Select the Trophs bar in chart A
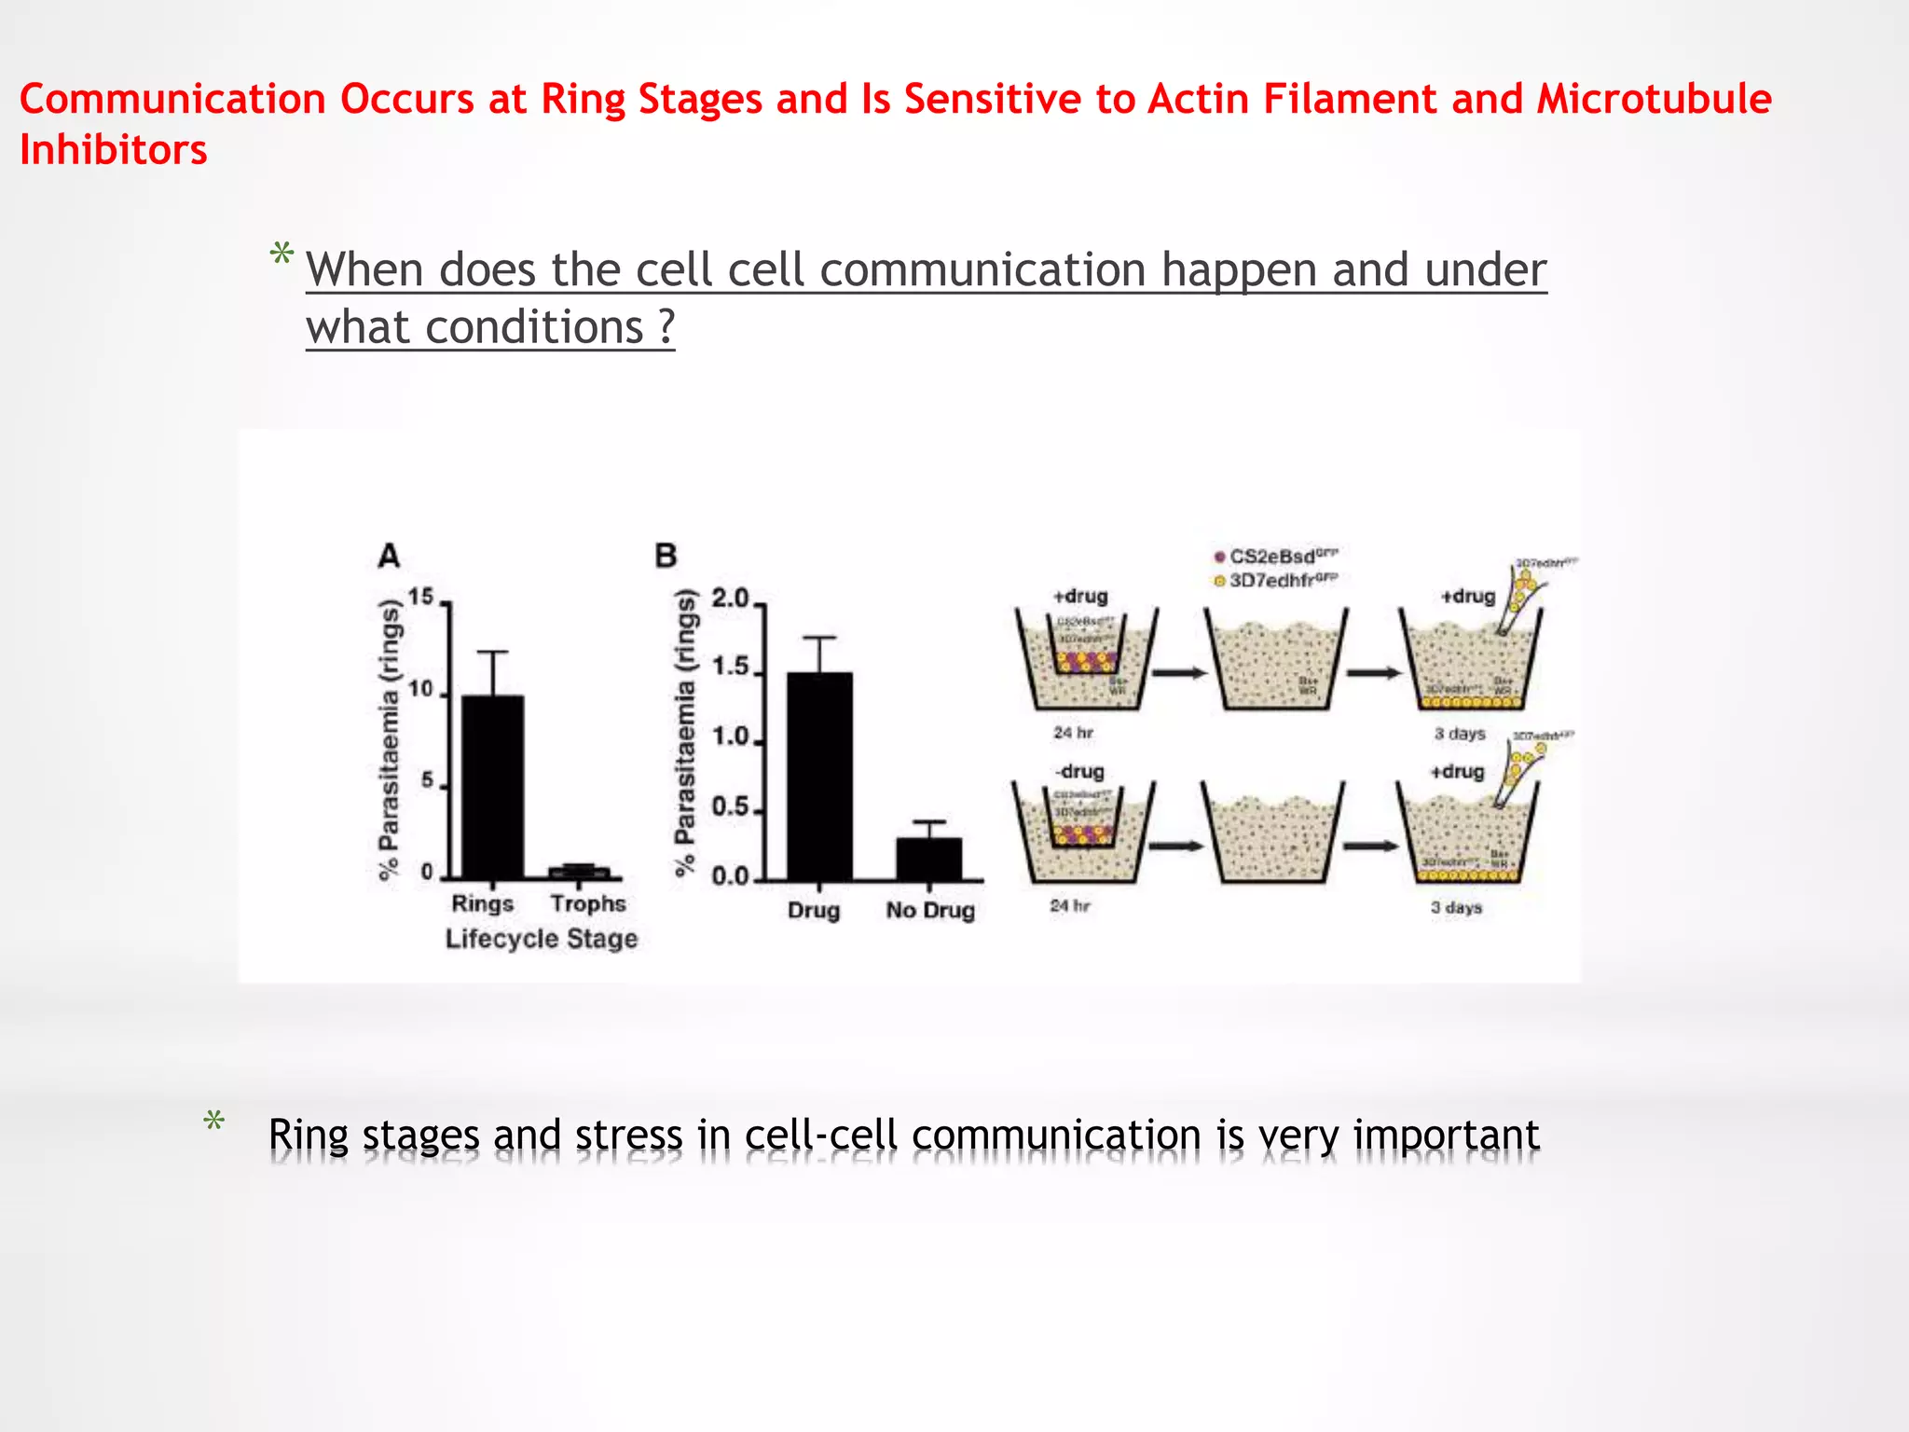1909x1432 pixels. (x=579, y=873)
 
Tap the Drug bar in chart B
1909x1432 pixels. (x=819, y=776)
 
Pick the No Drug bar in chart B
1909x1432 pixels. (x=929, y=859)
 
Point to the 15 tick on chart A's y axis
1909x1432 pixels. (x=421, y=597)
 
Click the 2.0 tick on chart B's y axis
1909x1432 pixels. (x=730, y=599)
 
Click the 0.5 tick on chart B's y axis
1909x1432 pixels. (x=730, y=807)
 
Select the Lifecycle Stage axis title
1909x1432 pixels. (x=542, y=939)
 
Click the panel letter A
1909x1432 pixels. (x=389, y=557)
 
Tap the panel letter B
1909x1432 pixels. (x=666, y=557)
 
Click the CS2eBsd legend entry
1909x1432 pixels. (x=1277, y=557)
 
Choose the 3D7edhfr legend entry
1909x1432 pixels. (x=1277, y=581)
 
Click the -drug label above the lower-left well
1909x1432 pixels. (x=1079, y=772)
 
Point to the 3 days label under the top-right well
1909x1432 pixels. (x=1460, y=734)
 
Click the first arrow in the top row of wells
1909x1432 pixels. (x=1179, y=673)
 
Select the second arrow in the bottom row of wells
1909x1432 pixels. (x=1370, y=846)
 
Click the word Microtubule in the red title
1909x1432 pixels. (x=1654, y=99)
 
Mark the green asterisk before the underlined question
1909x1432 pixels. (x=282, y=255)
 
